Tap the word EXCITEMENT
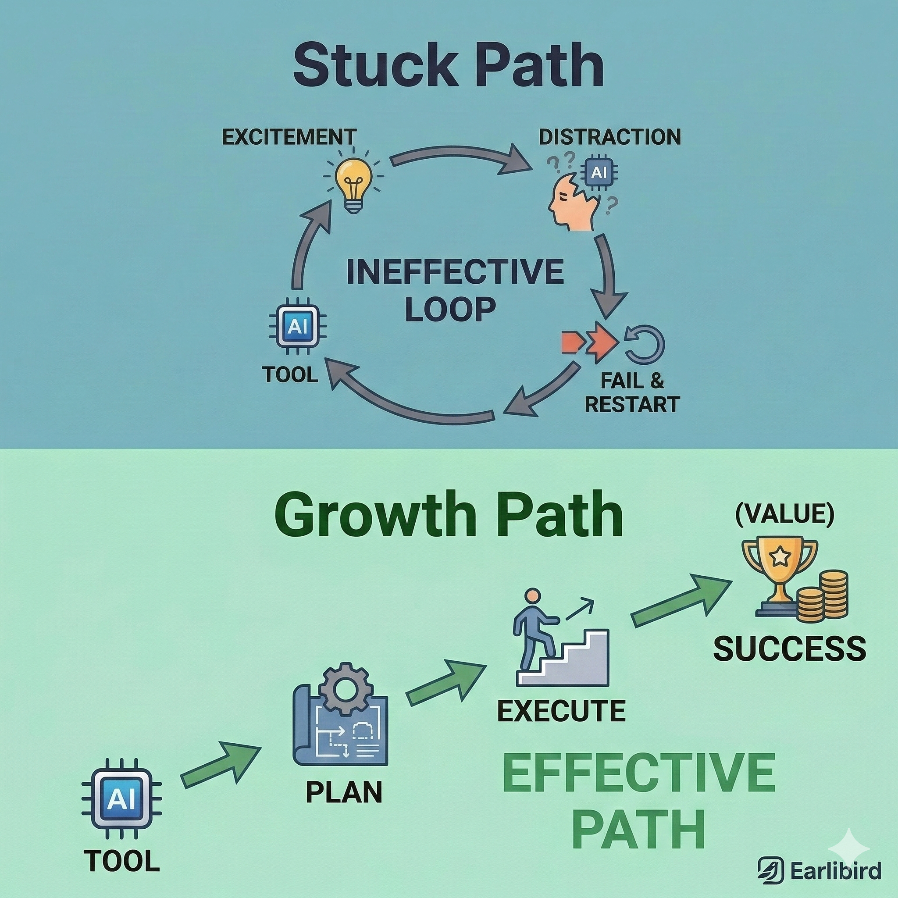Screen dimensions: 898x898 coord(289,137)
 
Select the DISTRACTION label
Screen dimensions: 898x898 coord(610,137)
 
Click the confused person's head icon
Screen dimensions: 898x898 coord(571,204)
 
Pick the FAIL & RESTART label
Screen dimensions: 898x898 coord(632,393)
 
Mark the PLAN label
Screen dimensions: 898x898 coord(344,792)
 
